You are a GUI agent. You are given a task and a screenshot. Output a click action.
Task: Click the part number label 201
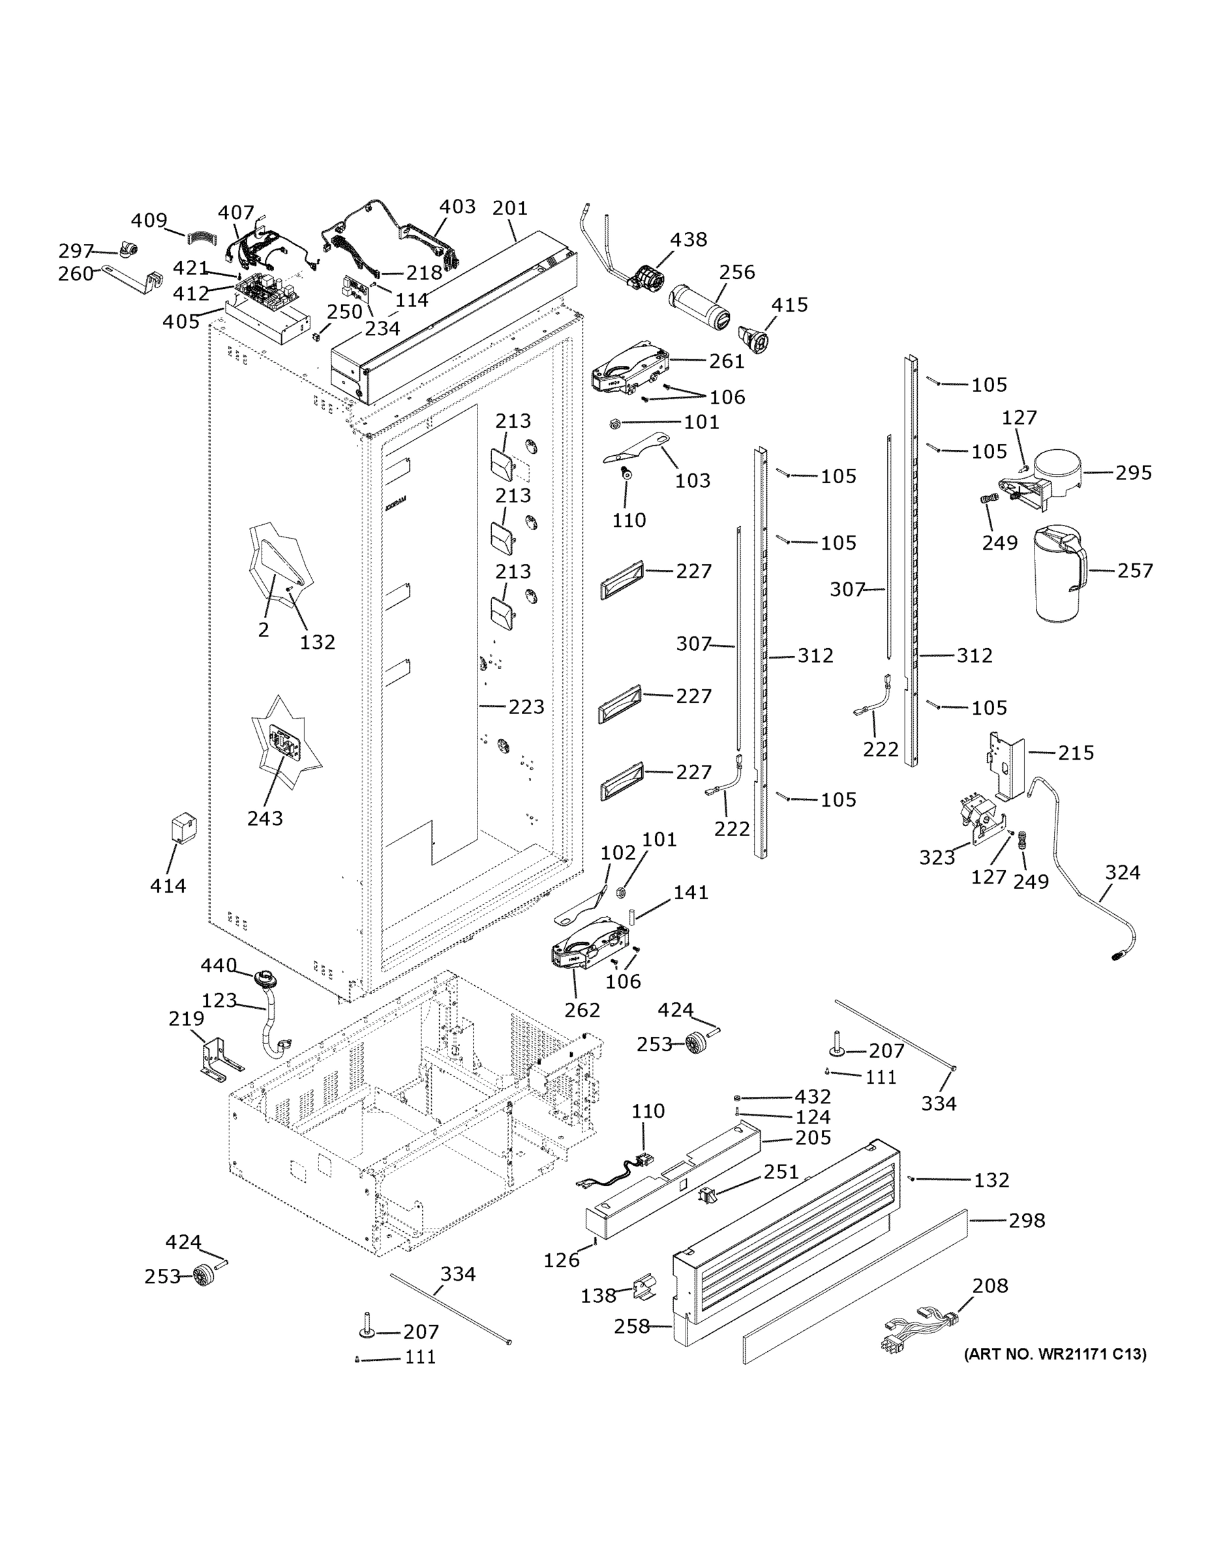509,209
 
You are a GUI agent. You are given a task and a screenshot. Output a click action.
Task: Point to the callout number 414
168,886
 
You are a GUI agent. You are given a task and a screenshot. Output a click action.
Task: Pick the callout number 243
265,818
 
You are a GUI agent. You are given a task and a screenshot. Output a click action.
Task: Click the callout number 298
1027,1220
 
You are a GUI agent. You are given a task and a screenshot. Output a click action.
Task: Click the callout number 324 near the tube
1122,872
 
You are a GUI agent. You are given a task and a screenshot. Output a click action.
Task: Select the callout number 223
526,707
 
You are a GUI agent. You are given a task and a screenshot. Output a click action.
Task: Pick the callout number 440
218,966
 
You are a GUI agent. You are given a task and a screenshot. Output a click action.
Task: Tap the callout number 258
631,1326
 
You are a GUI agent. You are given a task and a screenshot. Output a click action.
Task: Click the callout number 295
1133,473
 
